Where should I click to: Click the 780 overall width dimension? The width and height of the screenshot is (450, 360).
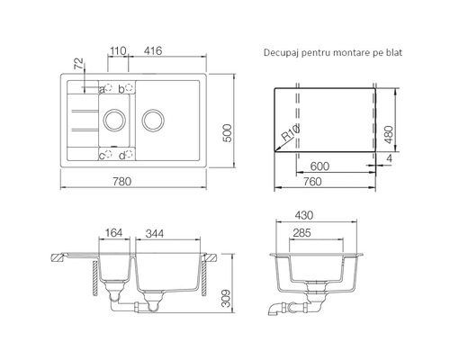[122, 182]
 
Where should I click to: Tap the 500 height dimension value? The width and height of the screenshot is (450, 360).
[228, 133]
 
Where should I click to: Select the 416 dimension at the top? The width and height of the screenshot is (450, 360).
[153, 50]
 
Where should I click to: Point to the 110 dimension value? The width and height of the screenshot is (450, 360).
[117, 50]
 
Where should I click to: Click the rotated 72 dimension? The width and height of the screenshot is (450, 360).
[78, 64]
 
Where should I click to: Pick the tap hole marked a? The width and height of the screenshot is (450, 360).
[108, 88]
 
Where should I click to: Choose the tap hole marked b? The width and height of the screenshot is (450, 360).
[129, 88]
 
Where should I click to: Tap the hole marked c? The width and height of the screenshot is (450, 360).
[108, 154]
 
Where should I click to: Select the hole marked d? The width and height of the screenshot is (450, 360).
[129, 154]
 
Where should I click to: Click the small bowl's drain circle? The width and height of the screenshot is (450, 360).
[114, 109]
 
